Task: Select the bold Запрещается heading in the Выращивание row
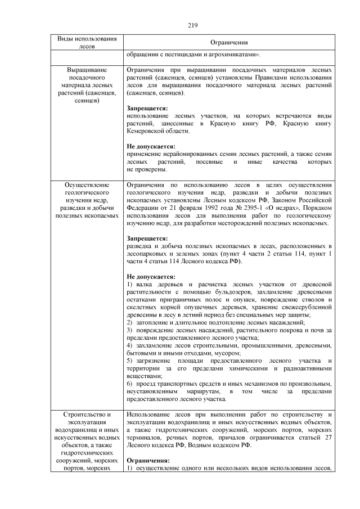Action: point(147,108)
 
